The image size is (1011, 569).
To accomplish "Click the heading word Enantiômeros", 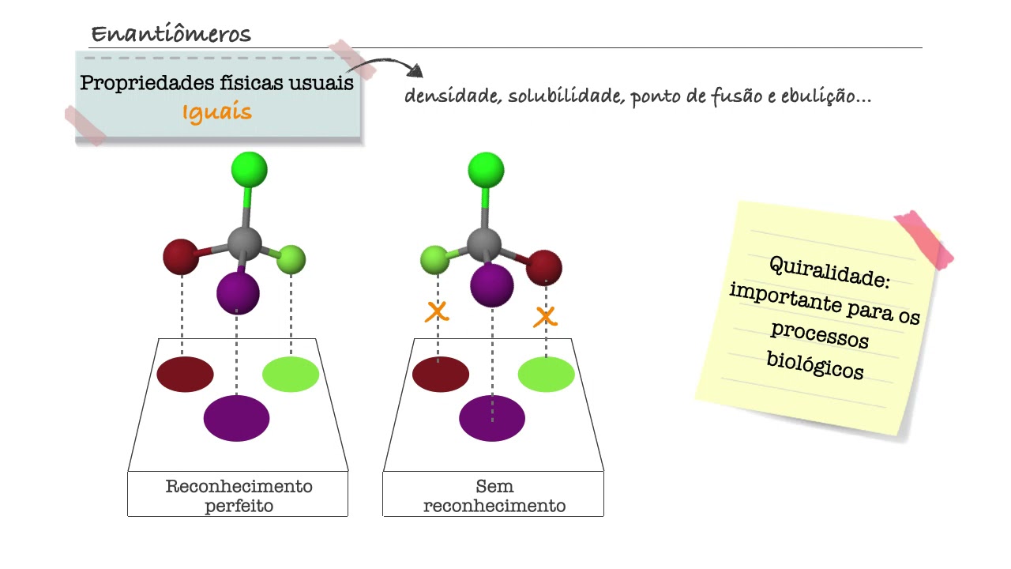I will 171,34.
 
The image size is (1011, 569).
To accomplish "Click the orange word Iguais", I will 217,113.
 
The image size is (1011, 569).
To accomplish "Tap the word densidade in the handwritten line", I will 451,97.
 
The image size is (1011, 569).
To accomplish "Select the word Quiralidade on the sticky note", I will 829,272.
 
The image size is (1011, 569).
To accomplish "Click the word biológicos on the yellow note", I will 815,364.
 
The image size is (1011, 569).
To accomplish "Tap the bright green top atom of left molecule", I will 249,170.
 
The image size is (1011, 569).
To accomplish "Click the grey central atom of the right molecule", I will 484,243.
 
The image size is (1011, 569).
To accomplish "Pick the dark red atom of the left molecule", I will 181,257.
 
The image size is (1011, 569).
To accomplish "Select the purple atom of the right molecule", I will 492,284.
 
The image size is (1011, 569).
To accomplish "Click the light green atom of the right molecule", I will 435,259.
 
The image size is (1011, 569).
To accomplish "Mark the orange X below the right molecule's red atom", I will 545,317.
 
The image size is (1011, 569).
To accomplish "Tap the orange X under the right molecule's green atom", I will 436,311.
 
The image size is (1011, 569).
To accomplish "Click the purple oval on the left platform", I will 236,418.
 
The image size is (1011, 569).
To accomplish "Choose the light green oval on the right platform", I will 546,375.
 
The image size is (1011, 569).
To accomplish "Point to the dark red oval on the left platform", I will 185,374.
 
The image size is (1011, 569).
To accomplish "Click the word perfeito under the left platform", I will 239,506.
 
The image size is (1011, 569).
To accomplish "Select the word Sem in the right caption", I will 494,487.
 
